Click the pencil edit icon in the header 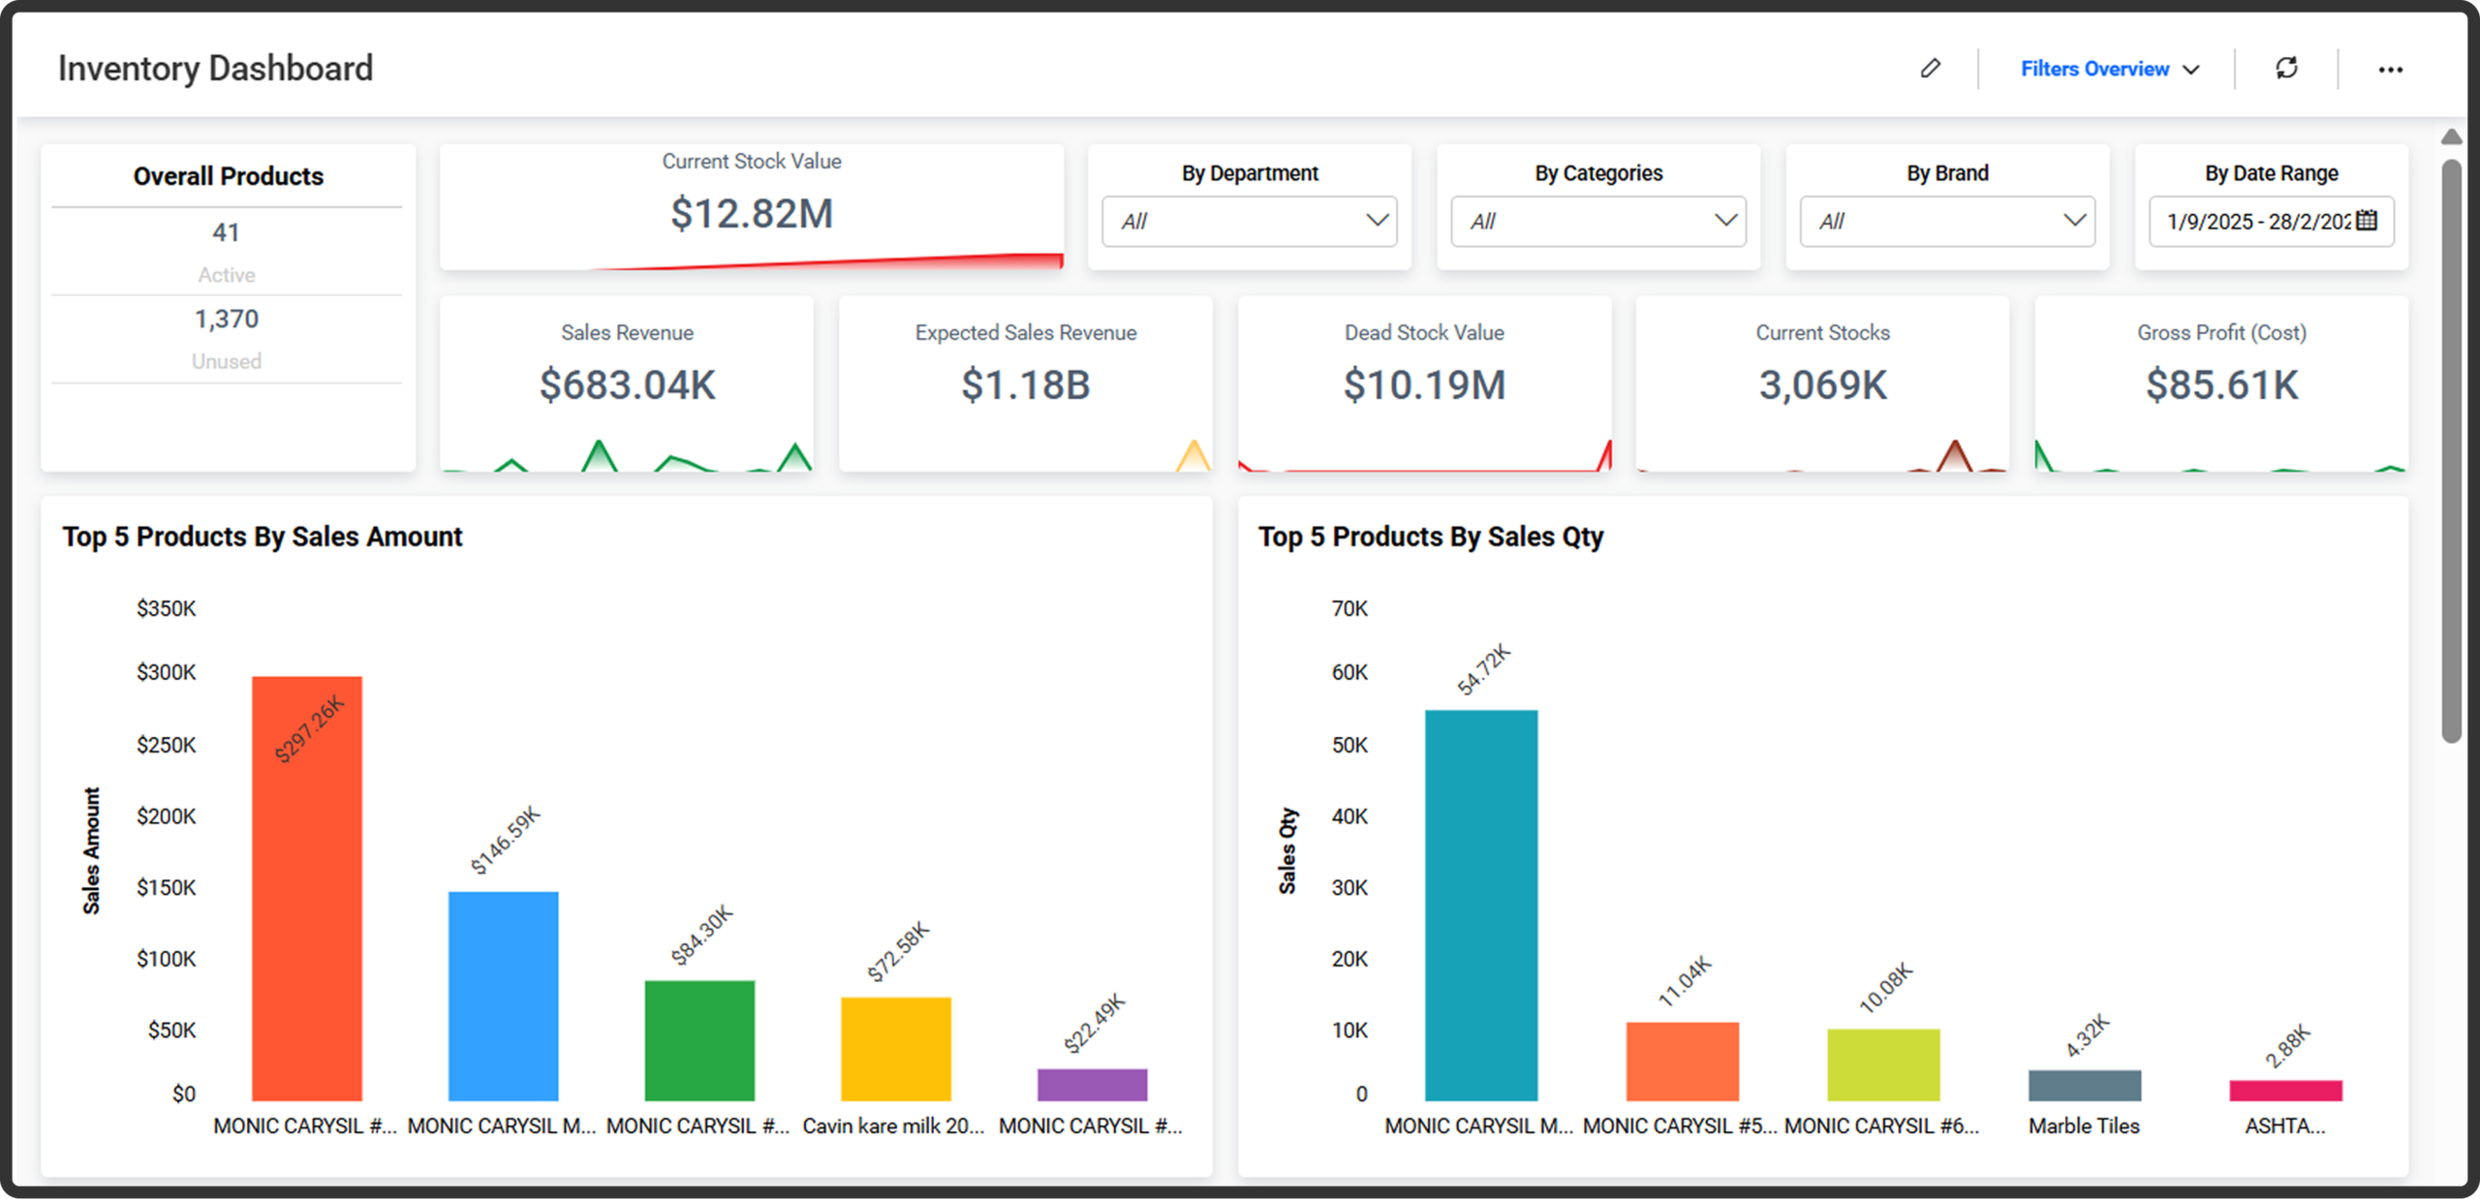point(1930,68)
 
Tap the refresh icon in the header point(2286,68)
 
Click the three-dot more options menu point(2390,70)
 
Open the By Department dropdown point(1249,222)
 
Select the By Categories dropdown point(1598,222)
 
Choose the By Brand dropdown point(1947,222)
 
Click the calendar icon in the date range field point(2367,221)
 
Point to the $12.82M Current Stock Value point(752,213)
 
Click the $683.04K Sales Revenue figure point(627,384)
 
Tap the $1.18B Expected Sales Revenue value point(1025,384)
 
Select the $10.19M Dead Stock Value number point(1424,384)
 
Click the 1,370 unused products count point(227,319)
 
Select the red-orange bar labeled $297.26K point(307,888)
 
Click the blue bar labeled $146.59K point(503,996)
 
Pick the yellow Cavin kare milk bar point(896,1049)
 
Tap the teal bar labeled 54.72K point(1481,906)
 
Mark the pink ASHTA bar point(2286,1091)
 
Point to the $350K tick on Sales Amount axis point(166,608)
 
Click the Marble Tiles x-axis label point(2084,1125)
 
